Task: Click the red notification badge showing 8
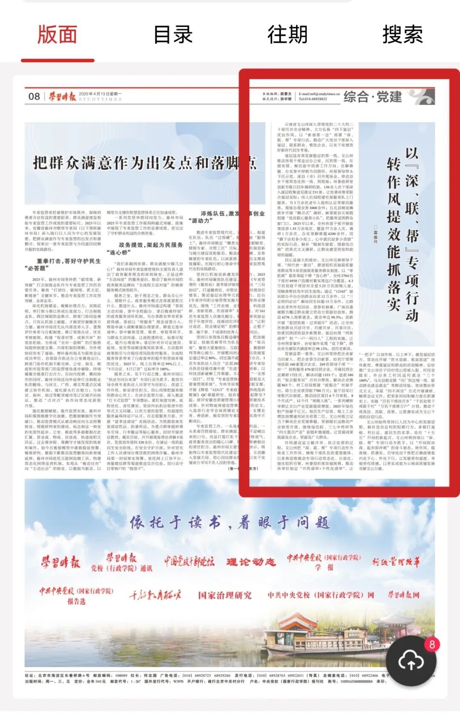coord(432,644)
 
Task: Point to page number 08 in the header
coord(34,96)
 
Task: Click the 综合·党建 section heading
coord(373,97)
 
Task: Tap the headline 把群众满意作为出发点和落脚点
coord(145,163)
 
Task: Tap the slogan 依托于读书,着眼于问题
coord(230,523)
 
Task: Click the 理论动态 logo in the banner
coord(251,562)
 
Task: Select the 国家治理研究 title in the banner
coord(225,595)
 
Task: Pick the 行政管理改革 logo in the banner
coord(396,562)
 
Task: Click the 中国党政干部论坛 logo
coord(189,561)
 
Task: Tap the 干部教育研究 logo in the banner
coord(155,595)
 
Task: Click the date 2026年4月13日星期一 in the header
coord(100,94)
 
